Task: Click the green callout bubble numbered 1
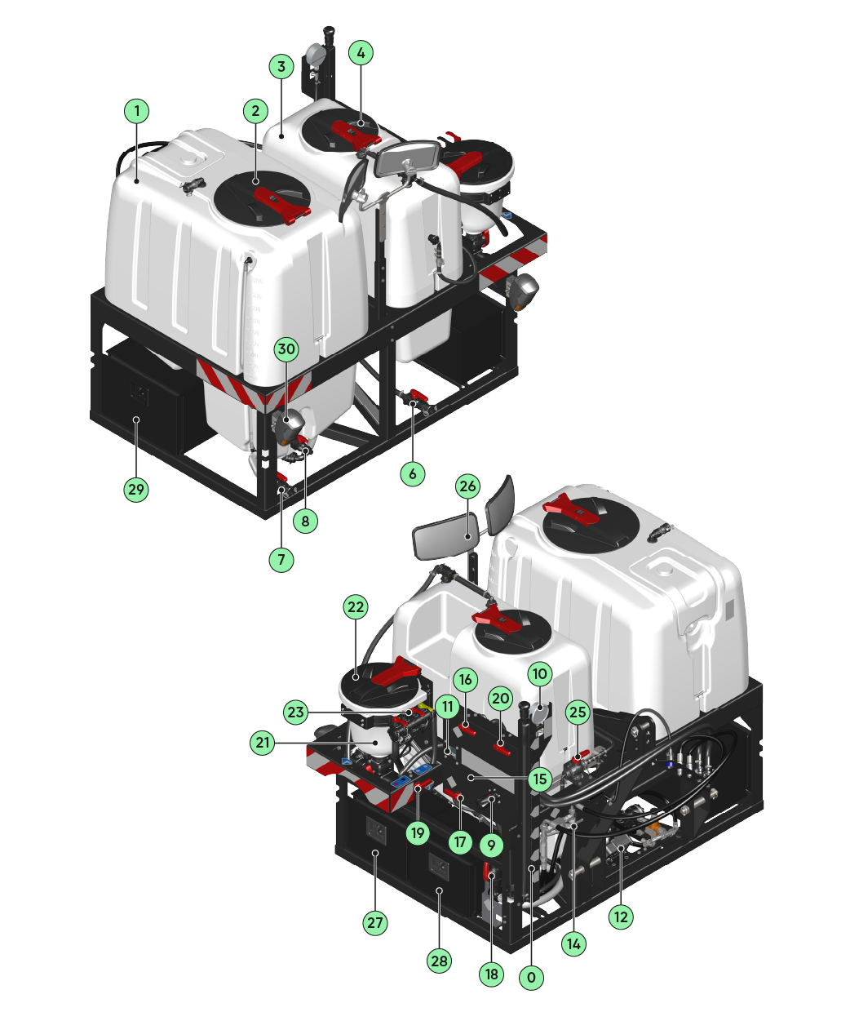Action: (137, 110)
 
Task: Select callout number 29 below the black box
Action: (136, 490)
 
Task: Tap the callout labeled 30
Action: (286, 348)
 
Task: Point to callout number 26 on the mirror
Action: (467, 487)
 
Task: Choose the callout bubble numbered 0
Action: (531, 977)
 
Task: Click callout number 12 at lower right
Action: (621, 917)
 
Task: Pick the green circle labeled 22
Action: (356, 607)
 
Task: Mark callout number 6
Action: (413, 473)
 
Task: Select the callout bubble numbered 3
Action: (280, 66)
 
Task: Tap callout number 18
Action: (491, 974)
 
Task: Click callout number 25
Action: (578, 712)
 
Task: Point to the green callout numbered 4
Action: (361, 53)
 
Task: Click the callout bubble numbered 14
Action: (574, 943)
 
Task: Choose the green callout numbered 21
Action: (262, 743)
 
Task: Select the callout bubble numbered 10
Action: (540, 674)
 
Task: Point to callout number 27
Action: (374, 923)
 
